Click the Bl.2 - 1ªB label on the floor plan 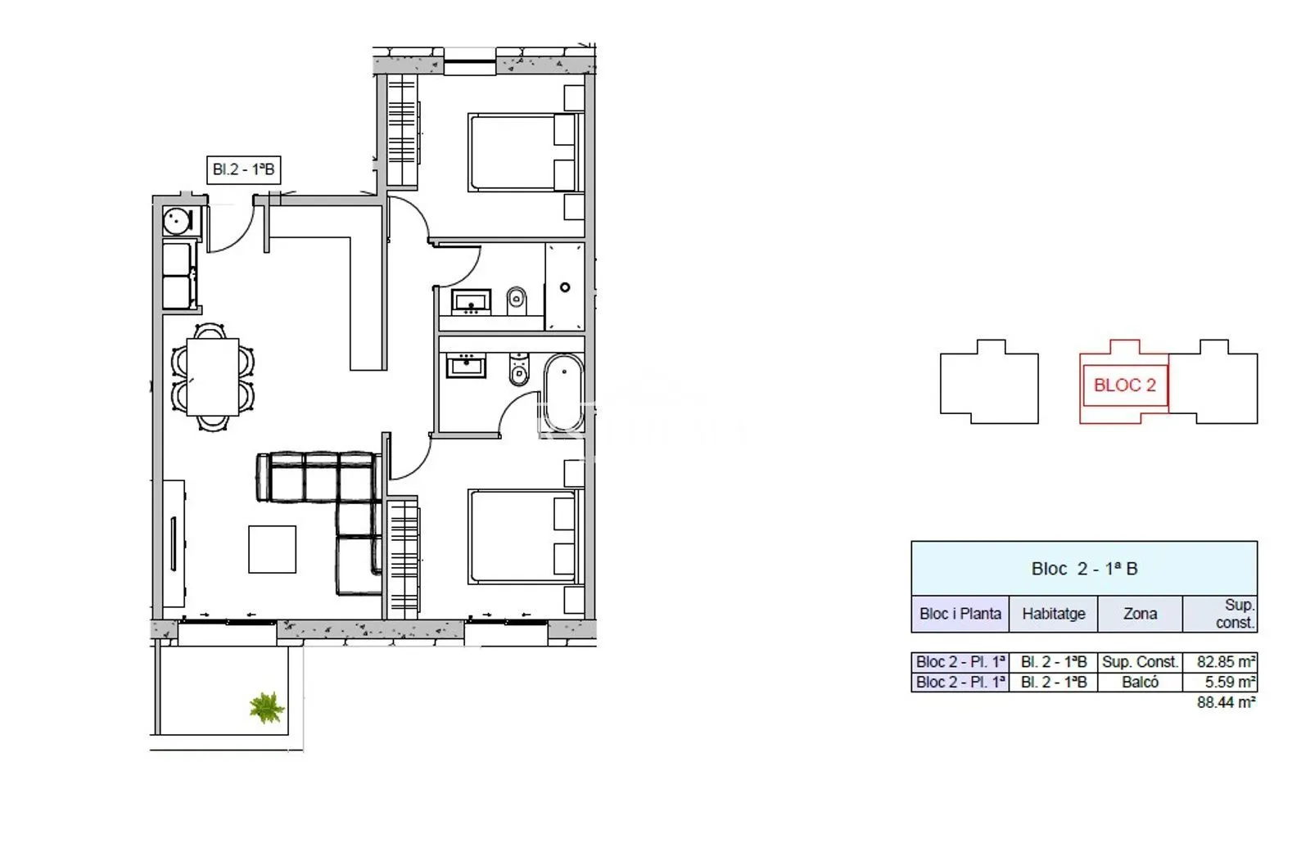[x=243, y=169]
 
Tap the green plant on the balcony [x=267, y=708]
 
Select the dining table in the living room [x=213, y=377]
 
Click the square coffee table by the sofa [x=272, y=549]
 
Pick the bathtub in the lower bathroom [x=564, y=393]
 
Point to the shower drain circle [x=565, y=287]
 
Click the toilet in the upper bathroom [x=517, y=300]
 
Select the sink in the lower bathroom [x=466, y=367]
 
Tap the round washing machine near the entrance [x=177, y=221]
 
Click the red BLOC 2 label [x=1125, y=385]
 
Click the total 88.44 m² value [x=1226, y=702]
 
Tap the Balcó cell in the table [x=1140, y=683]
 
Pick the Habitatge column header [x=1053, y=614]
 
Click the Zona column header [x=1140, y=614]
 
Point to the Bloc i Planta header [x=960, y=614]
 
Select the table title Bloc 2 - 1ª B [x=1084, y=569]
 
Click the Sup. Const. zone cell [x=1140, y=662]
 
